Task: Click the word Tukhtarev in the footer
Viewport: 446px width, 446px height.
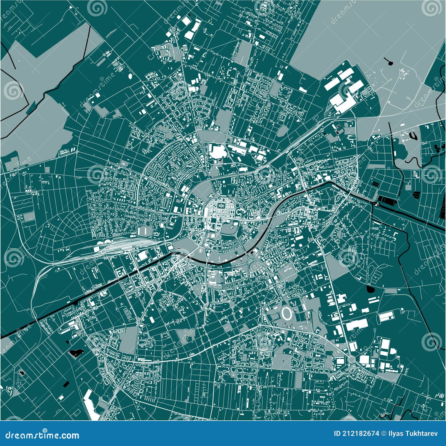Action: pos(424,433)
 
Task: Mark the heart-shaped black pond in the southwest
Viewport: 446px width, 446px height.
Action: pos(75,353)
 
